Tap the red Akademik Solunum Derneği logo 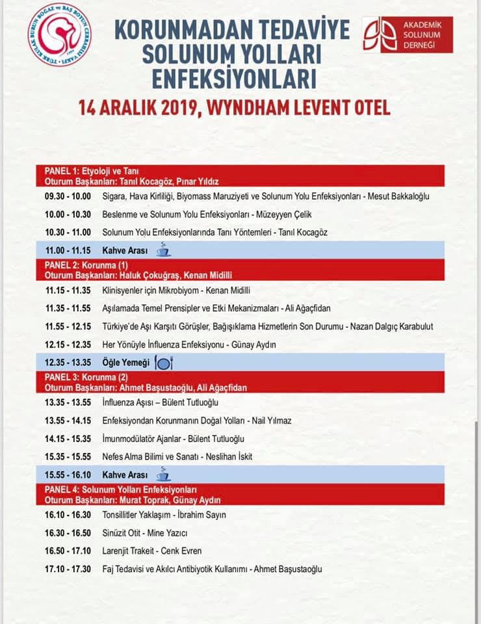pos(408,35)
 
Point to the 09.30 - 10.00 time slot pos(68,196)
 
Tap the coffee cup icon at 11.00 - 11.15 pos(163,250)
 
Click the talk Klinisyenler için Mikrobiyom pos(155,291)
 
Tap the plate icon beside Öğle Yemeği pos(164,362)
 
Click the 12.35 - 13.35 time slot pos(68,362)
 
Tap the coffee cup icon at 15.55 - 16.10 pos(163,474)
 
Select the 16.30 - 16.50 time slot pos(68,533)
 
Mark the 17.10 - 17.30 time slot pos(68,569)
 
